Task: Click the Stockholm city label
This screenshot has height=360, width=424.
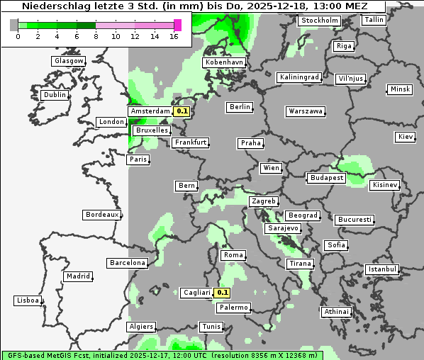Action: (x=318, y=21)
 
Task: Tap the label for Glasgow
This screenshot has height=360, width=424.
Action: (x=69, y=61)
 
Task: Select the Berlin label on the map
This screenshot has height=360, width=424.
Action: (x=240, y=107)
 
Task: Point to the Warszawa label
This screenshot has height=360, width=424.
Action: (x=306, y=111)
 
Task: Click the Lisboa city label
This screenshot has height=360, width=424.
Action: (x=27, y=300)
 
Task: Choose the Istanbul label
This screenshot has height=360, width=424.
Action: (x=382, y=269)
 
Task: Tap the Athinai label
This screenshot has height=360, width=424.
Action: (x=336, y=312)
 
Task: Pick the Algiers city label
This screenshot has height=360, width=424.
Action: (x=140, y=327)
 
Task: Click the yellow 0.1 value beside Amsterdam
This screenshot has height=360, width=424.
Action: (x=182, y=111)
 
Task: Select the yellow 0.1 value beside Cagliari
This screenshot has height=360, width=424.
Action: (x=223, y=293)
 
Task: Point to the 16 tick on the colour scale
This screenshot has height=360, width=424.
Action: (x=174, y=35)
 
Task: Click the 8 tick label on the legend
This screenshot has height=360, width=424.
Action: (x=96, y=35)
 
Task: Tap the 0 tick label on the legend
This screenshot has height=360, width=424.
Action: (x=18, y=35)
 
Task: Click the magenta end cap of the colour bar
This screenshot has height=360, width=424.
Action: (x=177, y=25)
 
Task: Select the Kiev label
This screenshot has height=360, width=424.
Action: (x=406, y=136)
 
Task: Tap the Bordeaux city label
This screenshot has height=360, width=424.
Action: (x=101, y=215)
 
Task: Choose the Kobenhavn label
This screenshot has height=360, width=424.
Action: (x=224, y=62)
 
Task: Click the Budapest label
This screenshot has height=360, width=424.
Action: (x=326, y=178)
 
